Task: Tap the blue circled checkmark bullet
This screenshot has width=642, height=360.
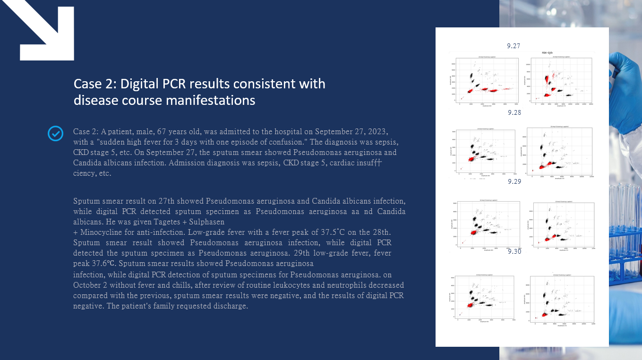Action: click(x=56, y=134)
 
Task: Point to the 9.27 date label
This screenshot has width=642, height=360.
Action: click(x=514, y=46)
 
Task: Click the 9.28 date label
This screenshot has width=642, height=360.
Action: click(x=514, y=112)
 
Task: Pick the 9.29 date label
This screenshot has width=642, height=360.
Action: click(x=514, y=181)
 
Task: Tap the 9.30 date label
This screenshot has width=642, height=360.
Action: click(x=514, y=251)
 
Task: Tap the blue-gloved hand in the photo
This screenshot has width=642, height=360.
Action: click(x=624, y=61)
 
